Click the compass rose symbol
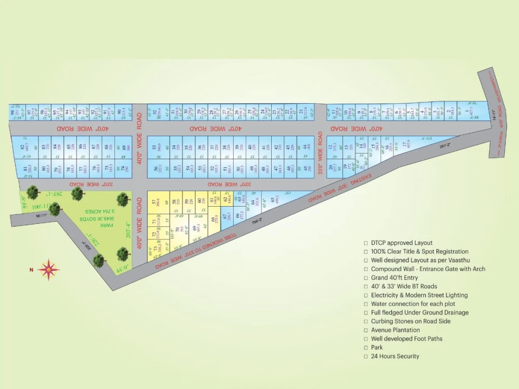(x=48, y=269)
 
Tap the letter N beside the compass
(x=31, y=270)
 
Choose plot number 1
(x=471, y=110)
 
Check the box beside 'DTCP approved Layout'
(x=365, y=243)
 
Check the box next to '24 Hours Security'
(x=365, y=357)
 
